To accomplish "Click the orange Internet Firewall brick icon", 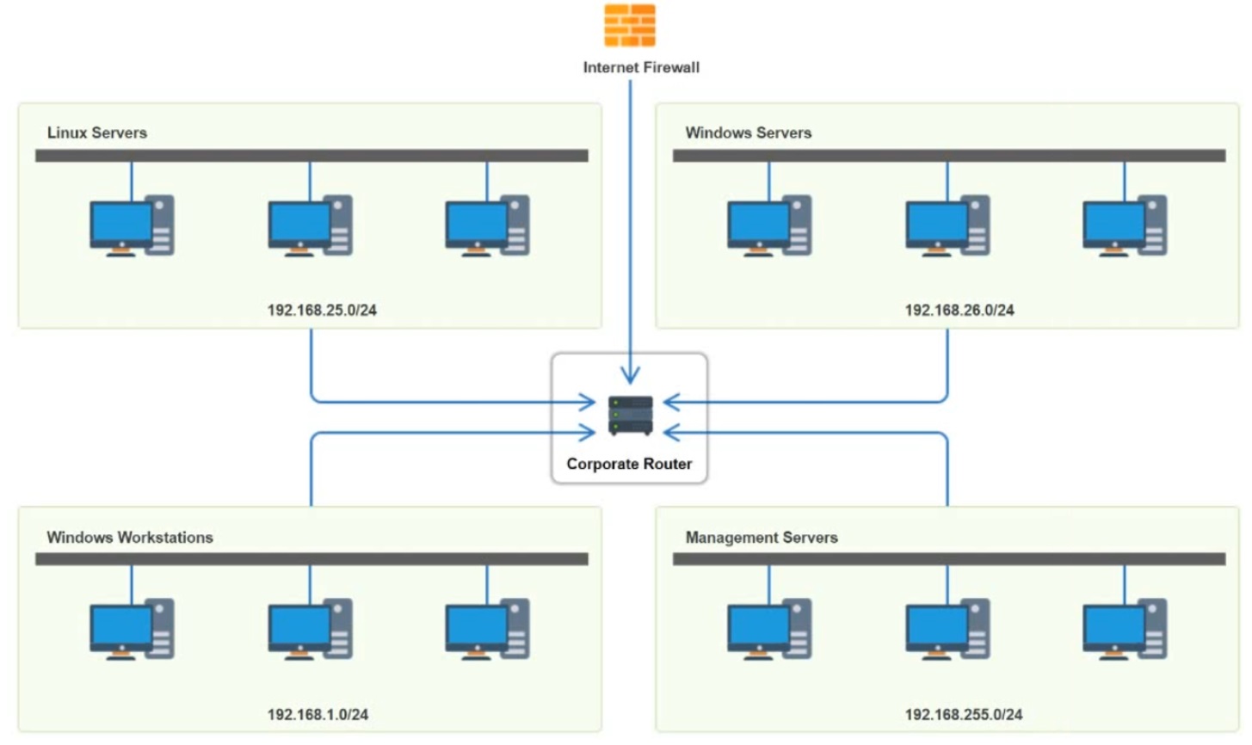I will pyautogui.click(x=630, y=26).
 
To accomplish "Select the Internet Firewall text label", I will pyautogui.click(x=641, y=67).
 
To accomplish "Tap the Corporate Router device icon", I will pyautogui.click(x=630, y=416).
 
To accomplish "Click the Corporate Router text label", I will pyautogui.click(x=629, y=464).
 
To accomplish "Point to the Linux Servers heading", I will pyautogui.click(x=97, y=132).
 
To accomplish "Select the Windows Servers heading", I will pyautogui.click(x=748, y=132).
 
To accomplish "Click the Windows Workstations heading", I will pyautogui.click(x=130, y=537).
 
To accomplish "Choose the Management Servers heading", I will pyautogui.click(x=761, y=537).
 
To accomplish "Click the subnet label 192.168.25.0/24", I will pyautogui.click(x=322, y=310).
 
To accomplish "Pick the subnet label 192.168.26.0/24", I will pyautogui.click(x=959, y=310).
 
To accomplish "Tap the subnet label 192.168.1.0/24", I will pyautogui.click(x=318, y=714).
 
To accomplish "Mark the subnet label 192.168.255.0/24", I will pyautogui.click(x=964, y=714).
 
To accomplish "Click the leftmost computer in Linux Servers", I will pyautogui.click(x=132, y=226).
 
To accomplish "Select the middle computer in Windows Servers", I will pyautogui.click(x=947, y=226).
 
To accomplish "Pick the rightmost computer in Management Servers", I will pyautogui.click(x=1125, y=630).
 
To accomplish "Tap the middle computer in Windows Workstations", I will pyautogui.click(x=310, y=630).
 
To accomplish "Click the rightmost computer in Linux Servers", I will pyautogui.click(x=487, y=226).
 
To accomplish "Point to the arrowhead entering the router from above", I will pyautogui.click(x=631, y=375).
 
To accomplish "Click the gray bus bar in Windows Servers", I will pyautogui.click(x=948, y=156).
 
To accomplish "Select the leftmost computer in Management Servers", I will pyautogui.click(x=769, y=630).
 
